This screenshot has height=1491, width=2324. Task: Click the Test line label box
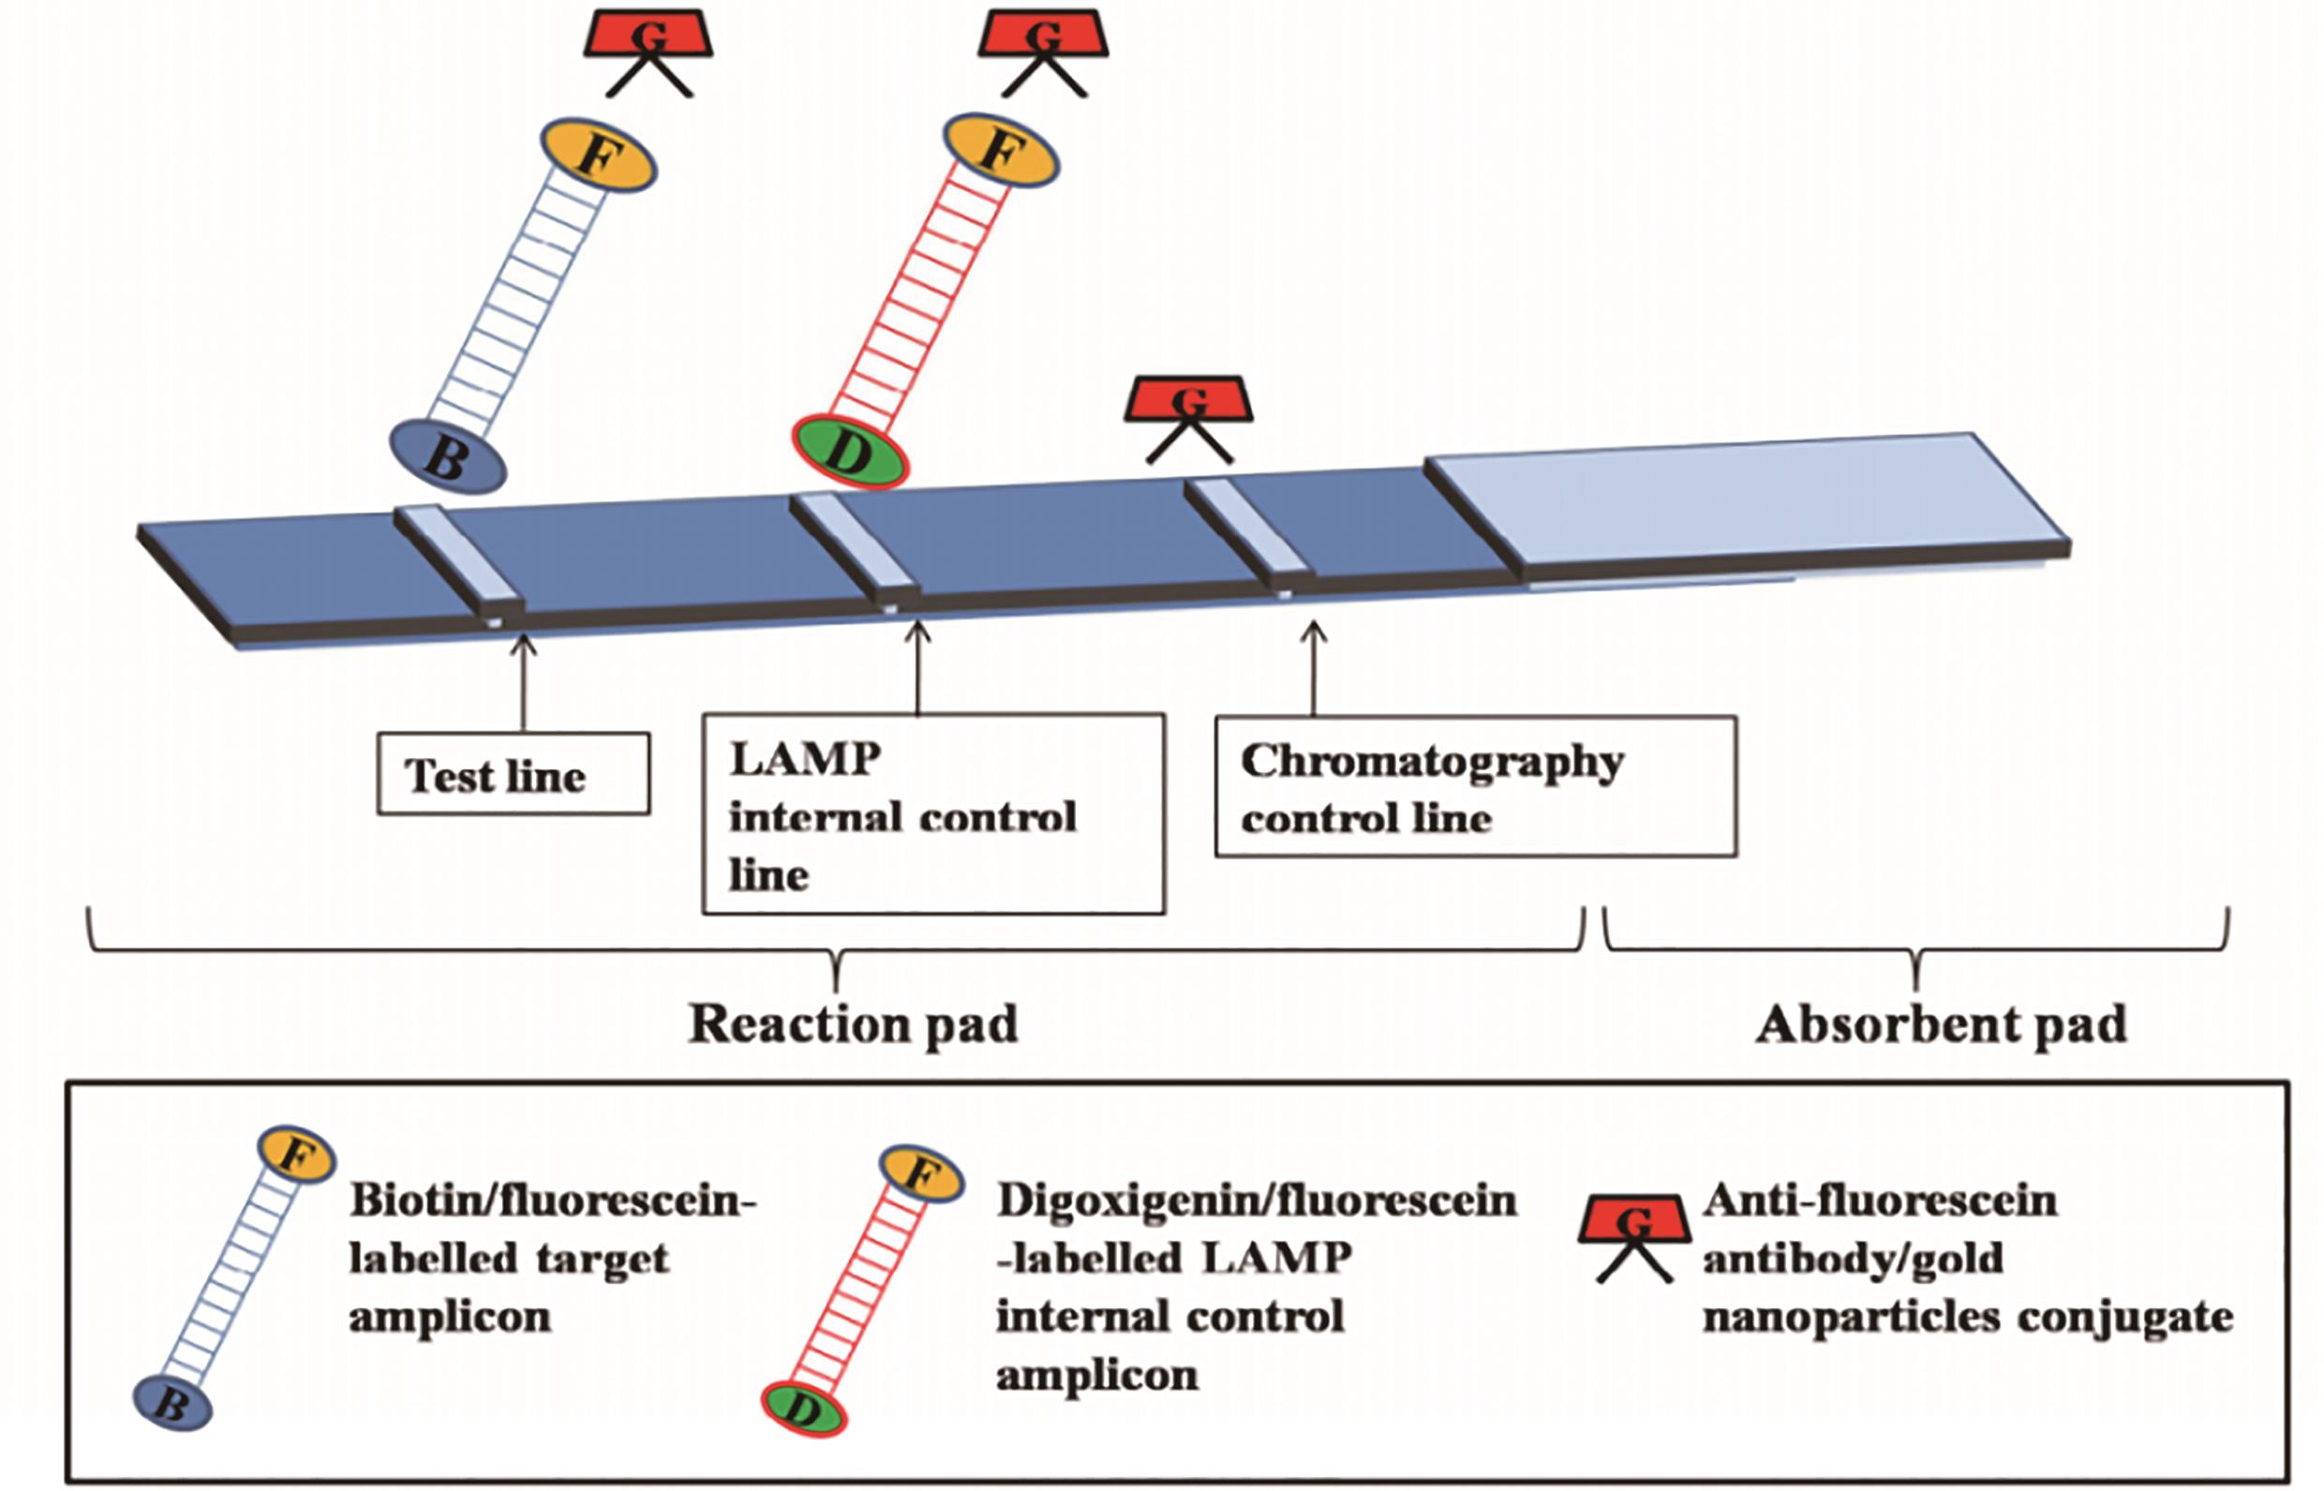(513, 774)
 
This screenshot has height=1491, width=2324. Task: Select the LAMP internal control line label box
(933, 814)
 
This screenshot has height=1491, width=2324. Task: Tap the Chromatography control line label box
(1475, 787)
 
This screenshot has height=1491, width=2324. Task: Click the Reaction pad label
(853, 1024)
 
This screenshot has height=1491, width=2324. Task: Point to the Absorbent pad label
(1941, 1024)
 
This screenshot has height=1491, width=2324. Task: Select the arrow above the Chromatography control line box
(1314, 668)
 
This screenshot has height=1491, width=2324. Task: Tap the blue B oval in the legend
(172, 1402)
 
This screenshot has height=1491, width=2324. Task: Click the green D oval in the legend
(804, 1409)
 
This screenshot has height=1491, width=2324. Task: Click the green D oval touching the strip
(849, 451)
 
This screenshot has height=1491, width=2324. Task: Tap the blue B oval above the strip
(447, 456)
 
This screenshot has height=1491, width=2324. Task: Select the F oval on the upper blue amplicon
(598, 154)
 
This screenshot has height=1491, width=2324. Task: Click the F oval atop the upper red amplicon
(1001, 150)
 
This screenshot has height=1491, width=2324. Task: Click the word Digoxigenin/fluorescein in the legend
(1257, 1201)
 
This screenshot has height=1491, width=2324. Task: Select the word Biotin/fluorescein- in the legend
(552, 1201)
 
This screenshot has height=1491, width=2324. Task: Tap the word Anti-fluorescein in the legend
(1880, 1201)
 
